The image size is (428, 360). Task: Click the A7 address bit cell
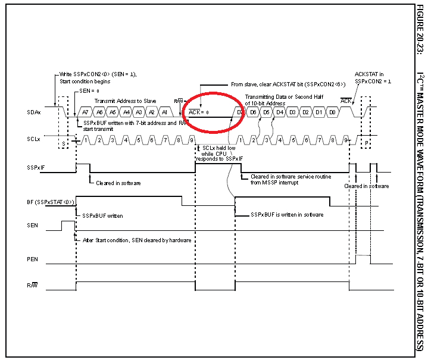[85, 112]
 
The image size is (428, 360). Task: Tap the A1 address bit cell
[165, 112]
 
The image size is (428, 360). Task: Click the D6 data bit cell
[254, 112]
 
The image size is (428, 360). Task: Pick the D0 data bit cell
[333, 112]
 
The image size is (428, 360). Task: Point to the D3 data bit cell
[293, 112]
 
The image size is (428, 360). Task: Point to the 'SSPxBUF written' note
[102, 215]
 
